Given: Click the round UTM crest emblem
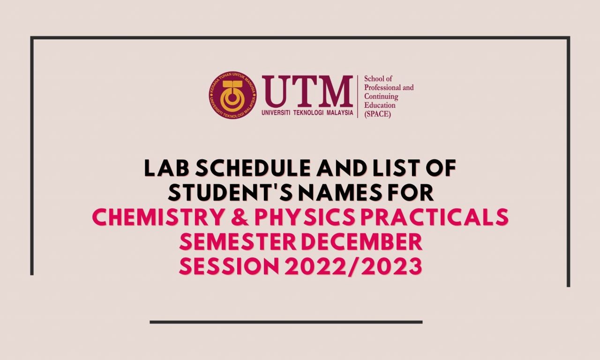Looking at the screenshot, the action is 232,95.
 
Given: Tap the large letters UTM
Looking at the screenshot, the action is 307,91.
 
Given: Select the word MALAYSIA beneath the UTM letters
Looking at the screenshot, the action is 340,113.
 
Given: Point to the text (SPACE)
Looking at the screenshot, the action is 377,114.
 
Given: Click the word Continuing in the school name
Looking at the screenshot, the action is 381,96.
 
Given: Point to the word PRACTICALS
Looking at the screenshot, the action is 435,217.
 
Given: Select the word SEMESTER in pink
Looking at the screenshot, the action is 238,241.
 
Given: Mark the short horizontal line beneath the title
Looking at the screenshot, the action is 286,322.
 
